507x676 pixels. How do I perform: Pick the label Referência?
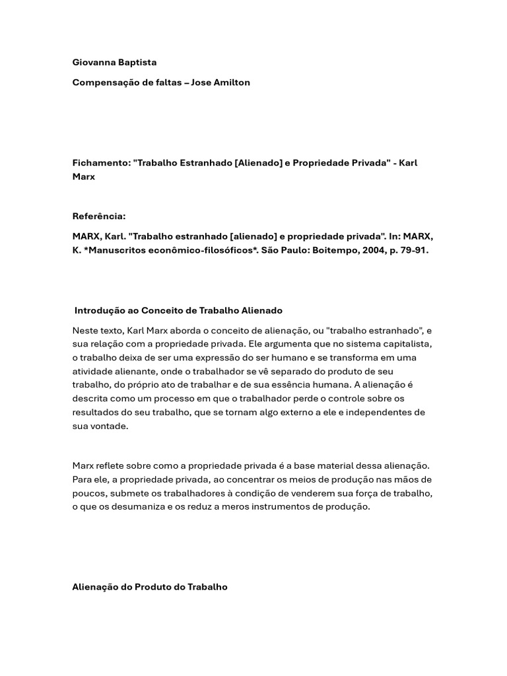point(98,216)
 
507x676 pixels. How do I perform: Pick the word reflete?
point(112,466)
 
